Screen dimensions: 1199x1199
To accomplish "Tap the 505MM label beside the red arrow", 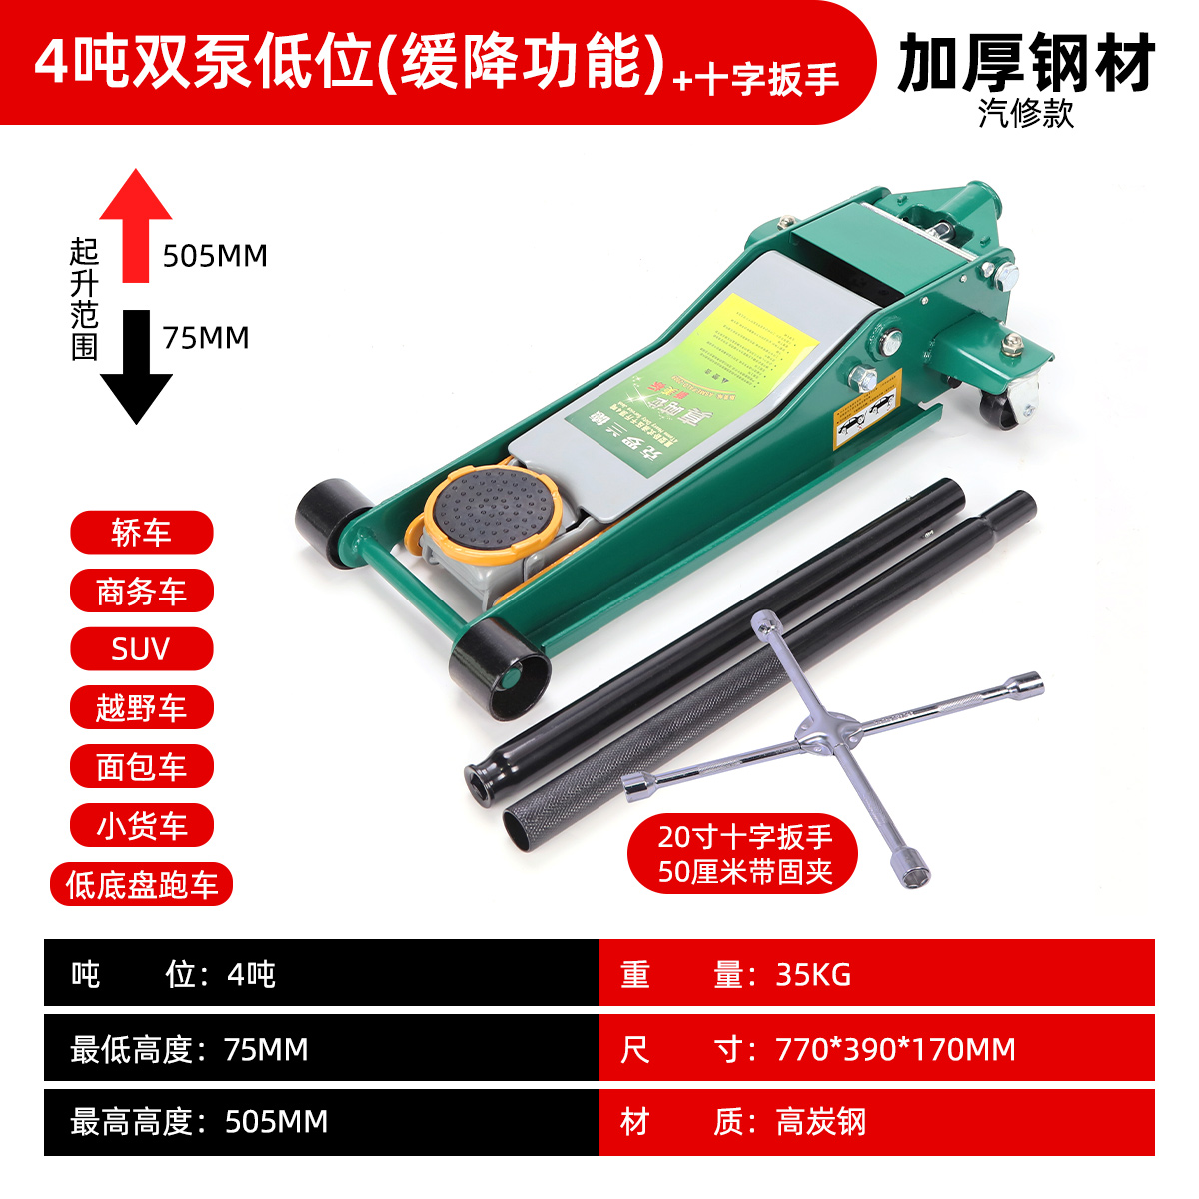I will click(x=215, y=257).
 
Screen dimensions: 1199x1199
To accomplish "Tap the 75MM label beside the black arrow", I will click(x=206, y=338).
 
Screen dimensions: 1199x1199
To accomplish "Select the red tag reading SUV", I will click(x=141, y=649).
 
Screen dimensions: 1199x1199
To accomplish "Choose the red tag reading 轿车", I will click(x=141, y=533).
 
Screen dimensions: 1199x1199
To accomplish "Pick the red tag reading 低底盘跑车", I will click(x=141, y=885).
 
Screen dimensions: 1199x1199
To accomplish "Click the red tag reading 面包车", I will click(x=141, y=767).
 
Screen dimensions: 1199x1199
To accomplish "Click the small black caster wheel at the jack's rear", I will click(x=1005, y=405).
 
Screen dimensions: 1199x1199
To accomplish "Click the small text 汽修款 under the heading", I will click(x=1026, y=114).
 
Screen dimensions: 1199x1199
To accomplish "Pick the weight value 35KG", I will click(x=813, y=974).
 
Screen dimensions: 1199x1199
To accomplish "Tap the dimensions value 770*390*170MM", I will click(x=895, y=1049).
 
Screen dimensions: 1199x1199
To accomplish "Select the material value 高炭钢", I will click(x=821, y=1122).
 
